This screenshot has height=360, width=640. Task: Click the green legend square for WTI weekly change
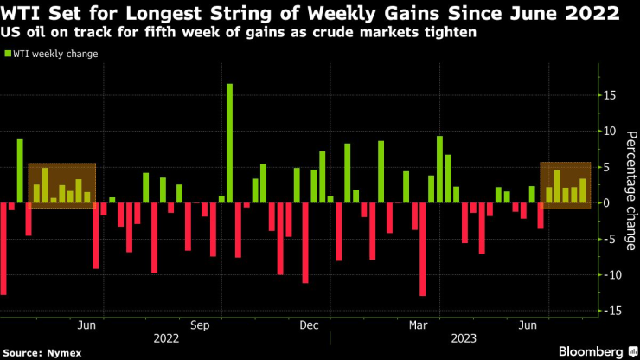pos(9,54)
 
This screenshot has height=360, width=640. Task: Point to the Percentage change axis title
pos(630,190)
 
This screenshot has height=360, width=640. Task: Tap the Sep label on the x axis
pos(201,325)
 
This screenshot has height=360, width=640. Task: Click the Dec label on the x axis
pos(309,325)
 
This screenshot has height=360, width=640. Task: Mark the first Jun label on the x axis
pos(86,325)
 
